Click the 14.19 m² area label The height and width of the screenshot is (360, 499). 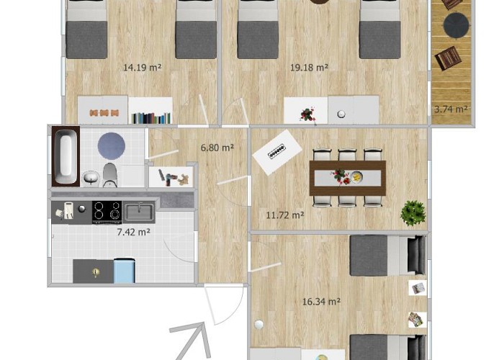143,68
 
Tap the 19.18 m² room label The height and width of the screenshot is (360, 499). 309,68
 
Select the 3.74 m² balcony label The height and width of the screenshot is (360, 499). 451,109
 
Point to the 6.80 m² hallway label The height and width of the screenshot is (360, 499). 217,148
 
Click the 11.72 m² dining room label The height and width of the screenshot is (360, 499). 285,215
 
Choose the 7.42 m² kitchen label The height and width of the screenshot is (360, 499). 133,232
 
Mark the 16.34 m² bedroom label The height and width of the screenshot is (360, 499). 321,301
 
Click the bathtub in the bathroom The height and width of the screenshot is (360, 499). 66,156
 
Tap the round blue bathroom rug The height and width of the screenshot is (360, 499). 111,146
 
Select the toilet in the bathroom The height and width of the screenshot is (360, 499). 109,175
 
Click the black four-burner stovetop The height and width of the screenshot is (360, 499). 107,212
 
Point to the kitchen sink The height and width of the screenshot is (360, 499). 139,212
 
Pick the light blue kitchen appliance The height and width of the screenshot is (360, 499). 124,271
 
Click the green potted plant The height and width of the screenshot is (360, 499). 413,213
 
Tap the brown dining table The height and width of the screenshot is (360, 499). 348,178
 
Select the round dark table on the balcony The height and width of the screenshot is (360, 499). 457,25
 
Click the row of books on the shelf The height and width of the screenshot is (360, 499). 150,118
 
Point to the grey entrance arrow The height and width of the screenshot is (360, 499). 190,341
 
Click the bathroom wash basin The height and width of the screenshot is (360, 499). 91,179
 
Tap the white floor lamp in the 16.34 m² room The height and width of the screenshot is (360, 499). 259,325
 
